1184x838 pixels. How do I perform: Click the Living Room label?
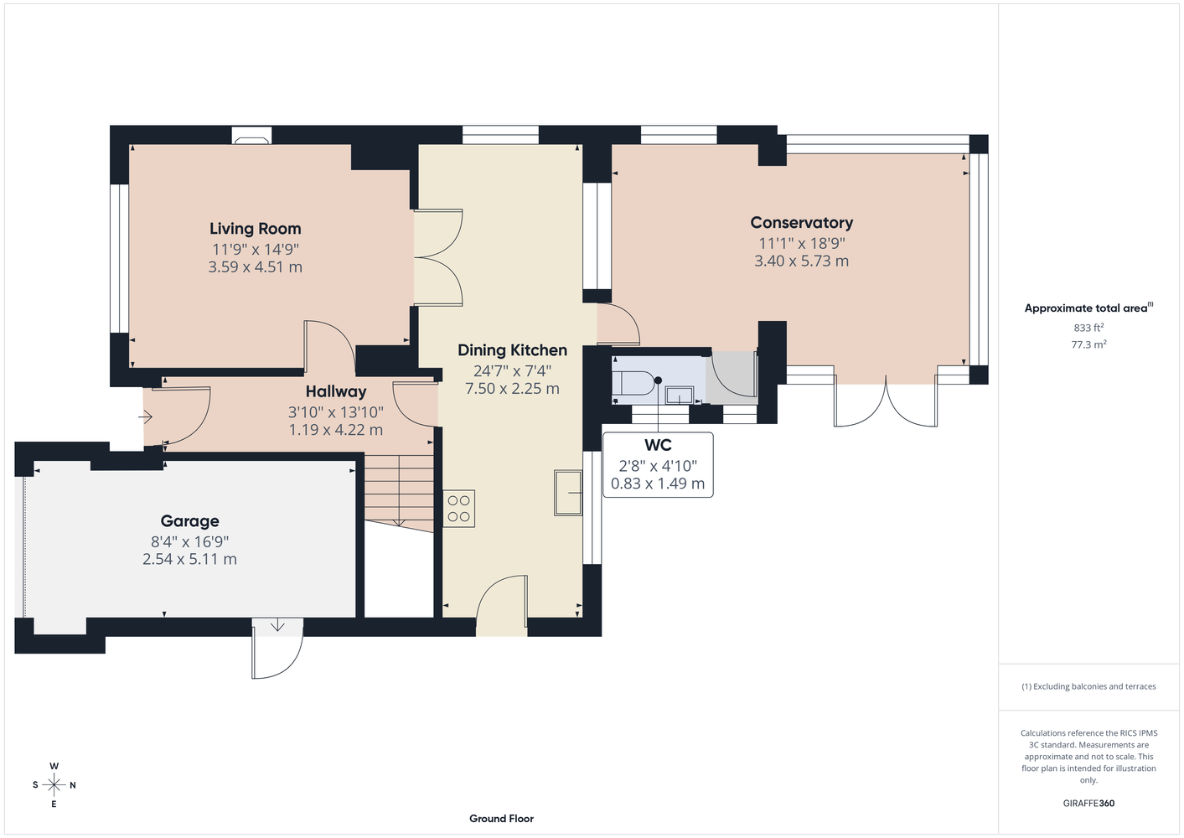coord(256,229)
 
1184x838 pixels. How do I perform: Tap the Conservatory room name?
coord(801,223)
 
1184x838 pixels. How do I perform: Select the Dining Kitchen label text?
coord(512,350)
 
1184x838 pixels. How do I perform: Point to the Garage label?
coord(189,520)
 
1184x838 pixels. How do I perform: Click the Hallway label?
coord(336,391)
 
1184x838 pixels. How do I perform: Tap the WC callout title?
coord(658,445)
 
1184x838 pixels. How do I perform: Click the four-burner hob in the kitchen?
coord(459,510)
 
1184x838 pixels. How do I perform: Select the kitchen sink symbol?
coord(568,493)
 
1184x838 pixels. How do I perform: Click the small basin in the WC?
coord(680,395)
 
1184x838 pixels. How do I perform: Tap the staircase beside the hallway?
coord(399,493)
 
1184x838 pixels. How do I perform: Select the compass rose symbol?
coord(54,785)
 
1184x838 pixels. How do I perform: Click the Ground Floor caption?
coord(502,819)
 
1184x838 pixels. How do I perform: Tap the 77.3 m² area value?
coord(1088,344)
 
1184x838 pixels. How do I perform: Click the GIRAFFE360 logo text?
coord(1088,803)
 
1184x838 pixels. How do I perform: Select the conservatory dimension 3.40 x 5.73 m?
coord(801,261)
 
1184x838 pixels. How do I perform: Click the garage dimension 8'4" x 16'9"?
coord(189,541)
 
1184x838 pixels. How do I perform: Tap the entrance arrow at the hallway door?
coord(145,417)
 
